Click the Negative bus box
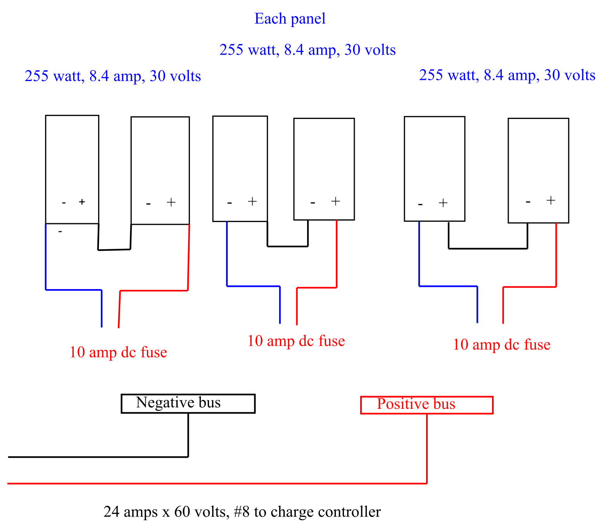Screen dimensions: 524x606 click(x=188, y=403)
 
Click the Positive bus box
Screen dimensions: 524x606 click(x=426, y=405)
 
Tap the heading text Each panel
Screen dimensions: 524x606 click(x=290, y=19)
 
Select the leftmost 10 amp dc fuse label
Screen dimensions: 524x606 click(x=118, y=352)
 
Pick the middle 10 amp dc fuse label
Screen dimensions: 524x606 click(x=296, y=341)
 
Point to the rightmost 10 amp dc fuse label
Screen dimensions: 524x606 click(x=502, y=345)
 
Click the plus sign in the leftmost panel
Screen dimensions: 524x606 click(x=82, y=202)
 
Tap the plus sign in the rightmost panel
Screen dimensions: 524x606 click(x=551, y=200)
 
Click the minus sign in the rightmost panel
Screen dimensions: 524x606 click(x=528, y=202)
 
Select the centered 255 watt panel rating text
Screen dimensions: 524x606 click(x=307, y=50)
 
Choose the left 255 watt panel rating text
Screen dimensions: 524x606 click(x=113, y=76)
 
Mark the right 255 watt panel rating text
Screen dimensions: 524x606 click(x=507, y=75)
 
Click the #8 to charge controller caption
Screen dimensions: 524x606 click(x=242, y=512)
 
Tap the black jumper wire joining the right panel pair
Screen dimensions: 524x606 click(x=488, y=248)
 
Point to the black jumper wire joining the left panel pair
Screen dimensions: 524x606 click(x=114, y=250)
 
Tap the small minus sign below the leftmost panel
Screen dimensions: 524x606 click(x=60, y=232)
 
